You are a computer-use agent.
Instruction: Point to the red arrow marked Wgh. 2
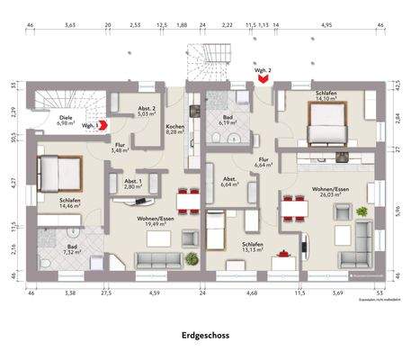coord(263,79)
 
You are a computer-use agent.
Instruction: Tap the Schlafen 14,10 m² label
coord(326,97)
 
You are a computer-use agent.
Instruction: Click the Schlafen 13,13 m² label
coord(253,247)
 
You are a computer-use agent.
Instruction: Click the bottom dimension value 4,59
coord(154,292)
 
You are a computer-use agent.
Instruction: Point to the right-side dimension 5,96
coord(396,212)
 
